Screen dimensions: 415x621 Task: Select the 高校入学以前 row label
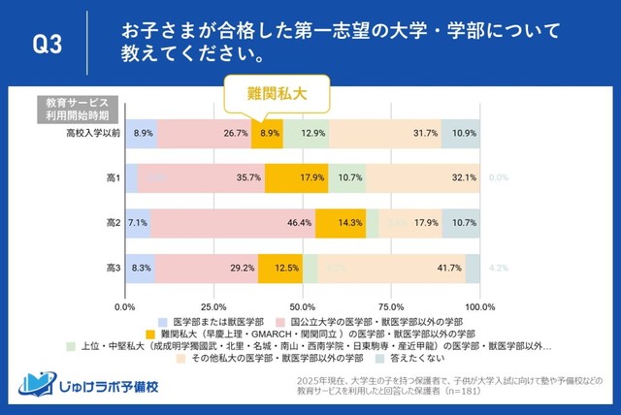[86, 132]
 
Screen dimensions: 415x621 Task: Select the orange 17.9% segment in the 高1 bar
[296, 178]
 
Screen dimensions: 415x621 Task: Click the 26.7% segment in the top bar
[205, 132]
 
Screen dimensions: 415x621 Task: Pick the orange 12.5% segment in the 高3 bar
[280, 267]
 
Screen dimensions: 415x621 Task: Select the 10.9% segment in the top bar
[461, 132]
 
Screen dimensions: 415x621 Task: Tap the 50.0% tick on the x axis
[303, 306]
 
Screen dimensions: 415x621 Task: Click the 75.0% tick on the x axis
[392, 306]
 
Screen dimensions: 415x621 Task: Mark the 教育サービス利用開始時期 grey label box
[79, 107]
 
